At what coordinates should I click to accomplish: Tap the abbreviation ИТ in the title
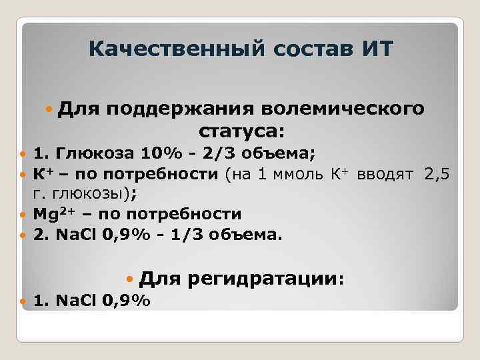point(377,49)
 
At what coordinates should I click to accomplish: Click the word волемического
point(341,108)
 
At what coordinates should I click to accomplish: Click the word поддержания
point(178,108)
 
